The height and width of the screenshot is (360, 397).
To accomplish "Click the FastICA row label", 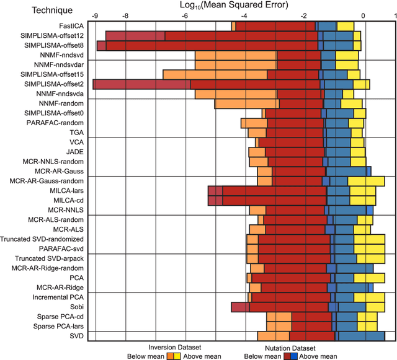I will (x=70, y=26).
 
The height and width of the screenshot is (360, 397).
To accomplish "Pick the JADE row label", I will (x=74, y=152).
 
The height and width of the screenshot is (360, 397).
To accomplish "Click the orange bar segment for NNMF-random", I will (x=246, y=103).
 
